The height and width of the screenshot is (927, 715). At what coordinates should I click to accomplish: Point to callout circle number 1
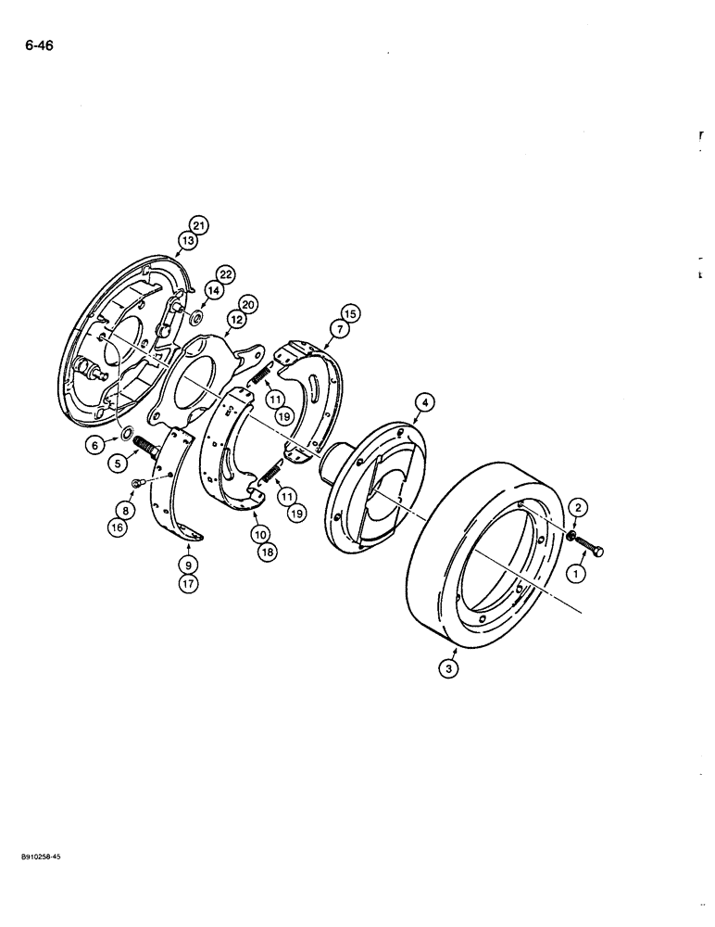(575, 575)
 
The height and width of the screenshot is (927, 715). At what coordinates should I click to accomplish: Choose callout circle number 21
(200, 223)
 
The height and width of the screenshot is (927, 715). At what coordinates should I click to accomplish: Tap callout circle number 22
(226, 273)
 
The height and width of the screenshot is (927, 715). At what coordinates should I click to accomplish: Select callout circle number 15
(349, 311)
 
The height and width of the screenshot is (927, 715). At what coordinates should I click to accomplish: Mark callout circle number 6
(94, 446)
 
